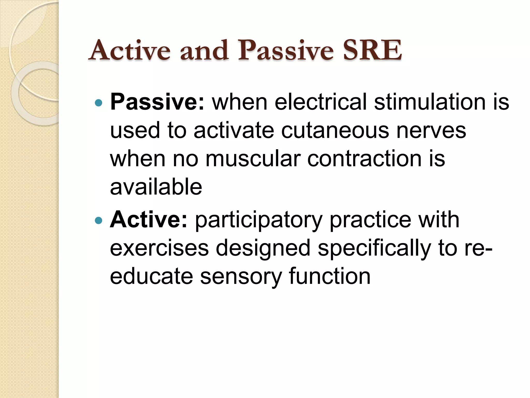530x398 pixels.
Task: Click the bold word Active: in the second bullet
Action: (149, 220)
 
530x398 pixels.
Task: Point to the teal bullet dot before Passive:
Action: (99, 103)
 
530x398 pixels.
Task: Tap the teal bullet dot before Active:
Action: (99, 221)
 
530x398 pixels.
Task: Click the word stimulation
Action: (430, 102)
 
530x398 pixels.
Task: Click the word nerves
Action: (431, 131)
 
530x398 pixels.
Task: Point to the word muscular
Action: (253, 159)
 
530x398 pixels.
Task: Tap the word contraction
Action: (363, 159)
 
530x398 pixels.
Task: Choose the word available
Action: (156, 187)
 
